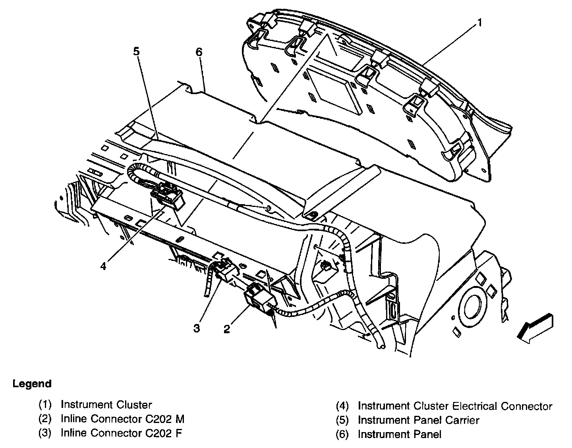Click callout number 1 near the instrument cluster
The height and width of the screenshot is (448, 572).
(479, 23)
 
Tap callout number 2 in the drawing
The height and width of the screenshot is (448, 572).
(227, 329)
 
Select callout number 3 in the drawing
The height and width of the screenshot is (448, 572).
(197, 328)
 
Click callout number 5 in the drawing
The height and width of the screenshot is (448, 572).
(136, 51)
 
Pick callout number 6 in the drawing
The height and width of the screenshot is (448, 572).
(199, 52)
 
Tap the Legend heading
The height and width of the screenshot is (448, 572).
(32, 384)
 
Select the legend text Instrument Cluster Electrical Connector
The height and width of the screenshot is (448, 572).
(455, 406)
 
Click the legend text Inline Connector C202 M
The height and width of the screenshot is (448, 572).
(122, 419)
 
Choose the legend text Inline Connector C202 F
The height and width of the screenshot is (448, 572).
(121, 433)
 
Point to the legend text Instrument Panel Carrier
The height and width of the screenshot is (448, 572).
(418, 420)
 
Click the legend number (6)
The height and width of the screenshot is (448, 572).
(342, 434)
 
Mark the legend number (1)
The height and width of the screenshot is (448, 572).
(45, 405)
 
